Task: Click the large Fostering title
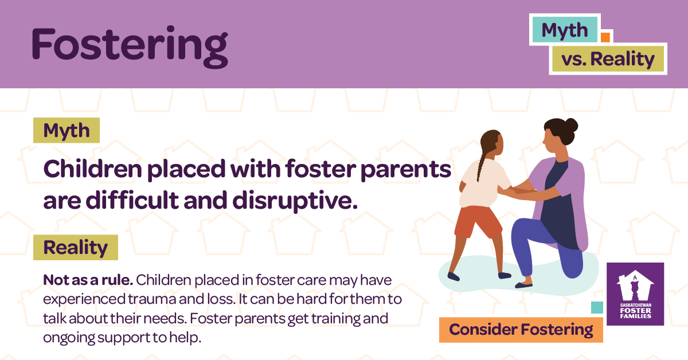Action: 130,45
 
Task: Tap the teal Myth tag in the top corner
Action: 565,30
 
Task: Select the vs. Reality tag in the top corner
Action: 608,59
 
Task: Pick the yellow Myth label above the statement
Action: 67,131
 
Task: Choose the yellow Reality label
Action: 76,248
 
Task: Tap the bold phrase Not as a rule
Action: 88,281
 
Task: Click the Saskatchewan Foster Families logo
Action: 635,294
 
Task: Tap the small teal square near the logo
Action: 597,307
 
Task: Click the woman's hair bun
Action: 570,124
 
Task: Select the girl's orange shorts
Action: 477,220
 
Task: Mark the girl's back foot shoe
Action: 454,276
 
